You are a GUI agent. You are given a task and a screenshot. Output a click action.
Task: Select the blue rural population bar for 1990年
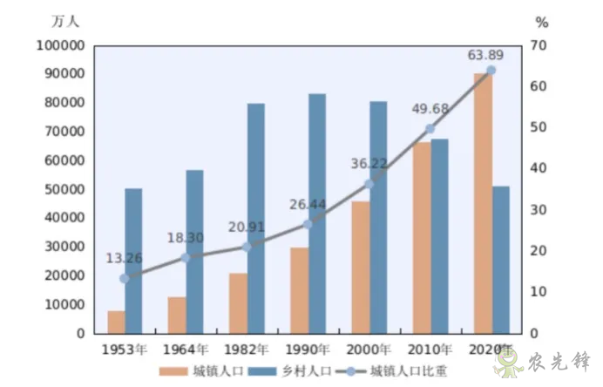[317, 214]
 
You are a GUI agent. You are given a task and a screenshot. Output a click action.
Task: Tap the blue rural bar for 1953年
[133, 261]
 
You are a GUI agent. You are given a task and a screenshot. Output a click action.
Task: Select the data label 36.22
[368, 163]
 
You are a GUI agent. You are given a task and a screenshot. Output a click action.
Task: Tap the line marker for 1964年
[186, 257]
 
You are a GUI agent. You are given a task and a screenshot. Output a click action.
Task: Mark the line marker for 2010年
[430, 129]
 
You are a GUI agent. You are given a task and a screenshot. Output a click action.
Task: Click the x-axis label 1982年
[247, 350]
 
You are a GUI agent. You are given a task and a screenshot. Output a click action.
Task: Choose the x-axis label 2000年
[369, 350]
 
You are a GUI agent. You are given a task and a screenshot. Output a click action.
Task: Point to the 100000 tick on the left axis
[61, 45]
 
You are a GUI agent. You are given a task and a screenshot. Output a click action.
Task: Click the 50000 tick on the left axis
[64, 189]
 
